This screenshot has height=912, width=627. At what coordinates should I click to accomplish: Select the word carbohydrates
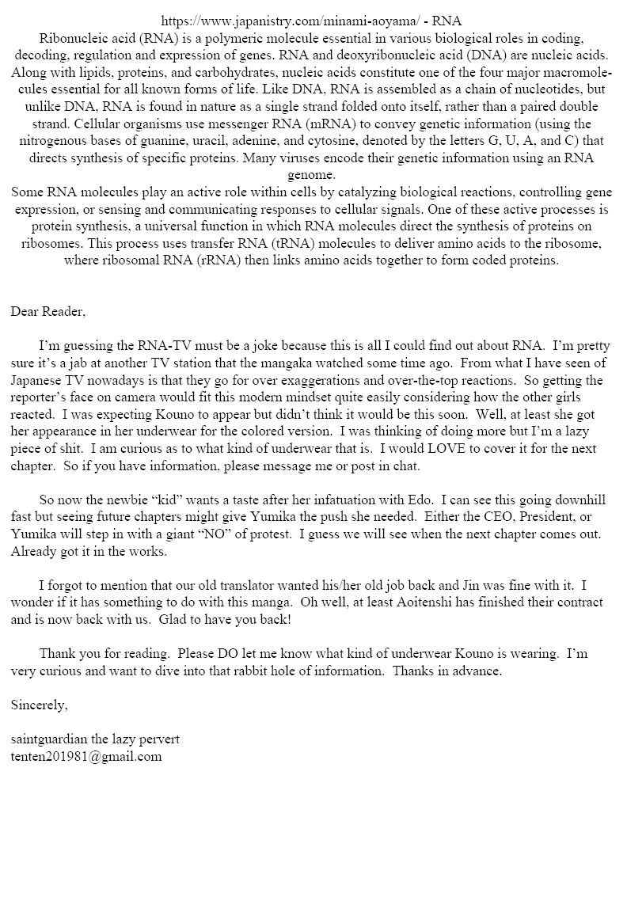(199, 73)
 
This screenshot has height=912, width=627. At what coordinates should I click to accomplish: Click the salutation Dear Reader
(47, 311)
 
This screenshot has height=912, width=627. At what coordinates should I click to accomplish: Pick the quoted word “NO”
(224, 534)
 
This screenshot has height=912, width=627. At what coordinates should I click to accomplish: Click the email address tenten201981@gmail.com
(86, 756)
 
